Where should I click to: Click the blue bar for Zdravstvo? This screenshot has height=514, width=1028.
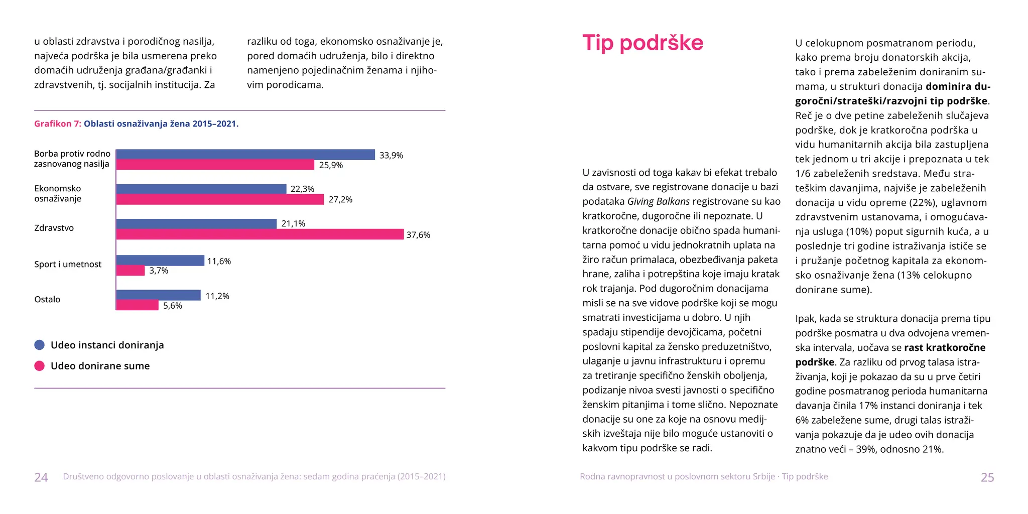196,224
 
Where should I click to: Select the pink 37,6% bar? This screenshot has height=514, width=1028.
260,234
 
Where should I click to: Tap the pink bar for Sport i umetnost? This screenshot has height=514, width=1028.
131,271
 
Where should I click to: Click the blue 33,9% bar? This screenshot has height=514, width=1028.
245,155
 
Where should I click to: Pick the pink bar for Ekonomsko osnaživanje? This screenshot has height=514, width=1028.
220,199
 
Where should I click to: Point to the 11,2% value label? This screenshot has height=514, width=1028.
217,296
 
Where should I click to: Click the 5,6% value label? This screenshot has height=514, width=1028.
173,306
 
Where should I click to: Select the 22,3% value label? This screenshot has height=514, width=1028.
302,189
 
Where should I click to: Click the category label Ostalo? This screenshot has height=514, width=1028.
47,300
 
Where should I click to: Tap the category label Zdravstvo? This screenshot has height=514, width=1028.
54,228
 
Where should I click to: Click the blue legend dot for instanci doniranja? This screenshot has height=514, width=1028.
40,345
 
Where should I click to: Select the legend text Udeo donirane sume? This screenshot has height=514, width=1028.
100,366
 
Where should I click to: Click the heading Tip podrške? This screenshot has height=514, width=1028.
642,43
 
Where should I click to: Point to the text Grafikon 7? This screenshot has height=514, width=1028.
57,124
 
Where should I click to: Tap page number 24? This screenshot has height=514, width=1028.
41,477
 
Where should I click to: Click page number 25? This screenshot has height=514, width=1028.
987,477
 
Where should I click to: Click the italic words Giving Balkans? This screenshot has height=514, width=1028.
658,202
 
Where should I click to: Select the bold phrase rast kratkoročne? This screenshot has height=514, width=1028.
945,348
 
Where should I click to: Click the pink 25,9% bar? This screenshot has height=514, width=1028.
215,165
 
